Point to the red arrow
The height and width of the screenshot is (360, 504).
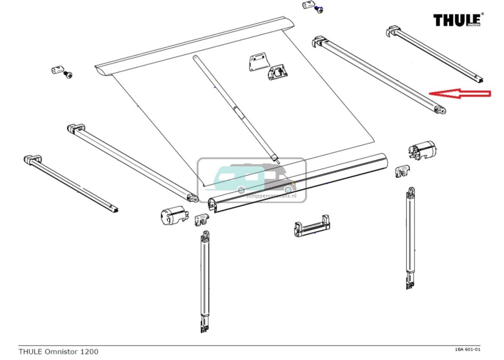[460, 93]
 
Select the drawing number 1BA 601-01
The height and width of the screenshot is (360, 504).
[467, 350]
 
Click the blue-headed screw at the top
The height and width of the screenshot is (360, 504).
[319, 9]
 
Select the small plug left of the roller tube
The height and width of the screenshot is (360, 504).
[57, 70]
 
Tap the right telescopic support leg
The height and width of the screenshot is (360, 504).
[410, 239]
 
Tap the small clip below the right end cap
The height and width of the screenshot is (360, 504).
[402, 171]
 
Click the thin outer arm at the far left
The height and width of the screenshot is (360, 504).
[71, 184]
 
